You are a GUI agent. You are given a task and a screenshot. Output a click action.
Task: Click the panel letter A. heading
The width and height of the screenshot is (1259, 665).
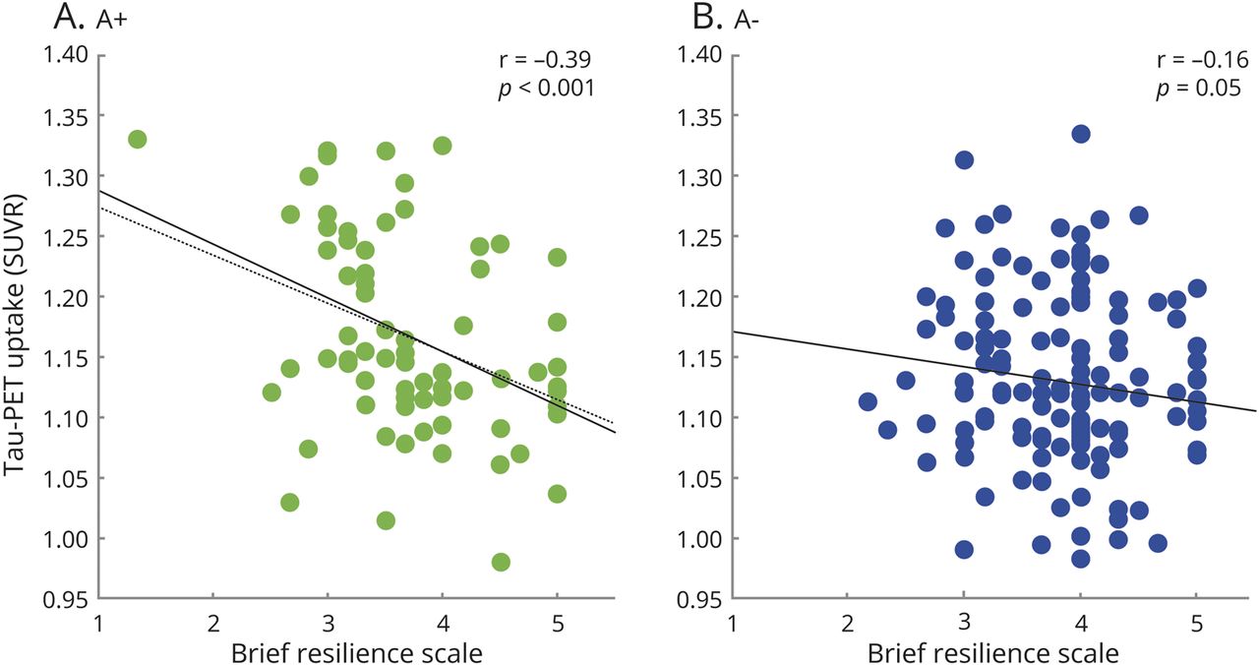click(23, 17)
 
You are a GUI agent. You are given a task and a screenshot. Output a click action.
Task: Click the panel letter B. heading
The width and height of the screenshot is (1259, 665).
click(654, 17)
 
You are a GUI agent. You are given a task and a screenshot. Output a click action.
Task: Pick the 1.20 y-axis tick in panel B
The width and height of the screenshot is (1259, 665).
click(699, 297)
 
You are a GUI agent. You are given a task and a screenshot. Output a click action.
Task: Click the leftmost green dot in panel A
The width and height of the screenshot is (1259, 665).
click(137, 140)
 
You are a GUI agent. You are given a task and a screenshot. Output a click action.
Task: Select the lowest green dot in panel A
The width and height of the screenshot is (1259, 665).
click(501, 562)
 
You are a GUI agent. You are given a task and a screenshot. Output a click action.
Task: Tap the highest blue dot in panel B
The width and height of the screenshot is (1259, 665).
click(1081, 134)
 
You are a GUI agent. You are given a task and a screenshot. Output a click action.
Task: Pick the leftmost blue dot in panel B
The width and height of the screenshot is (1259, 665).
click(867, 401)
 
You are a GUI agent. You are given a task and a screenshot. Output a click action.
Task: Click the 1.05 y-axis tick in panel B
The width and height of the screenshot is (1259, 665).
click(699, 478)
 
